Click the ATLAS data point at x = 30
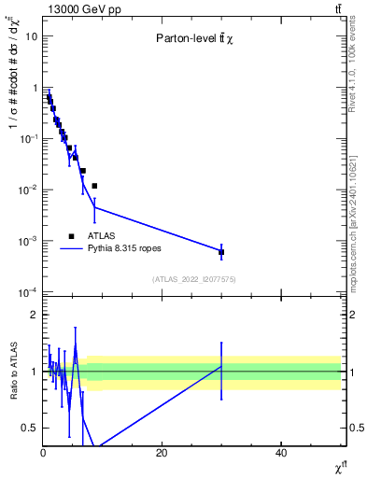point(221,252)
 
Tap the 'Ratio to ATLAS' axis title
point(14,372)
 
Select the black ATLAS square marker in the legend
point(71,236)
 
